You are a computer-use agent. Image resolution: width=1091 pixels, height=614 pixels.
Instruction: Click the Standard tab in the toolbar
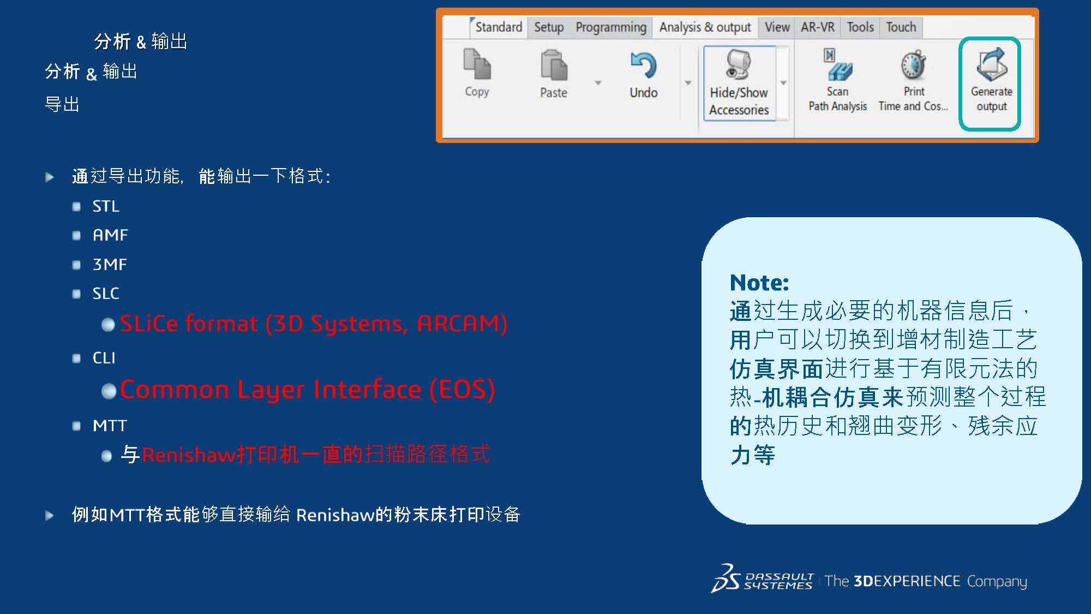[x=499, y=27]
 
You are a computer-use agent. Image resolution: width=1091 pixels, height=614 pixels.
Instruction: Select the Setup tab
[x=549, y=27]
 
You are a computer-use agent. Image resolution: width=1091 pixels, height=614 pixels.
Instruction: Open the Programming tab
[x=611, y=27]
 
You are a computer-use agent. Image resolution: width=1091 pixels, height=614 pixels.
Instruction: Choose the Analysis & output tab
[x=705, y=27]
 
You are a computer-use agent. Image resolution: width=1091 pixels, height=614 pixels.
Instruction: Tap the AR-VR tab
[x=817, y=27]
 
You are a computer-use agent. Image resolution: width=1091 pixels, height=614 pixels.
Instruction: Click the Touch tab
[x=901, y=27]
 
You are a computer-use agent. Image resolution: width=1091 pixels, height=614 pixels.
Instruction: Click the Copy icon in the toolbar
[x=477, y=64]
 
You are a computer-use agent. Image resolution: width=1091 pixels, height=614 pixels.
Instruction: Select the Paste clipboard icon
[x=554, y=65]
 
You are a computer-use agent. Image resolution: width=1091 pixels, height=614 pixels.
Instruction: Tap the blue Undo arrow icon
[x=644, y=65]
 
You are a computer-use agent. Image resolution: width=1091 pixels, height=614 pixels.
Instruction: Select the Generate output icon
[x=992, y=64]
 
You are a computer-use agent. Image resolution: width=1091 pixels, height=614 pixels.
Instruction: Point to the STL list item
[x=105, y=206]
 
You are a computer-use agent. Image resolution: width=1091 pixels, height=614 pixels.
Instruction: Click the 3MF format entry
[x=110, y=265]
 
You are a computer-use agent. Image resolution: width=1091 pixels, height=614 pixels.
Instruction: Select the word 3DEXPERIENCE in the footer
[x=907, y=581]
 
